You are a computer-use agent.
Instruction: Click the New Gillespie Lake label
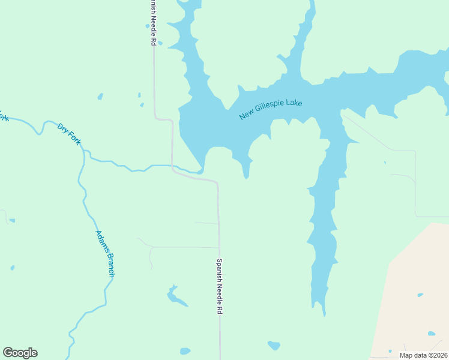(270, 109)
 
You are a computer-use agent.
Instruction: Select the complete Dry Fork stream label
(69, 135)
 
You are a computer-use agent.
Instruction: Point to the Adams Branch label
(105, 253)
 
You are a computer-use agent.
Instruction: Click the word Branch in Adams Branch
(109, 265)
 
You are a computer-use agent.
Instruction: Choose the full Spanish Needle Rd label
(220, 286)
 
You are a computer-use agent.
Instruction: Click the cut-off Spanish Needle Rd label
(153, 23)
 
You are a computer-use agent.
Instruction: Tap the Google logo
(20, 352)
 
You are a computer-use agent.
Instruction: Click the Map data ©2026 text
(423, 355)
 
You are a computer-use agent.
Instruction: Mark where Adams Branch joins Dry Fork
(83, 152)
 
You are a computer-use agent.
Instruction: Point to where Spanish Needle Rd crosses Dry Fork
(172, 165)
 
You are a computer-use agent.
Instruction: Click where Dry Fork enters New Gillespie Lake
(203, 170)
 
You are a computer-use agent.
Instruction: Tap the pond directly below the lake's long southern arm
(274, 345)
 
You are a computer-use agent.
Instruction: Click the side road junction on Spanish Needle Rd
(218, 247)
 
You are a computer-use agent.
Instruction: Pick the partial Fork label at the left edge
(4, 115)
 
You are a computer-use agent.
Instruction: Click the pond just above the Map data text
(431, 334)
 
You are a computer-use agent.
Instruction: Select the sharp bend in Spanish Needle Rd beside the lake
(172, 121)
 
